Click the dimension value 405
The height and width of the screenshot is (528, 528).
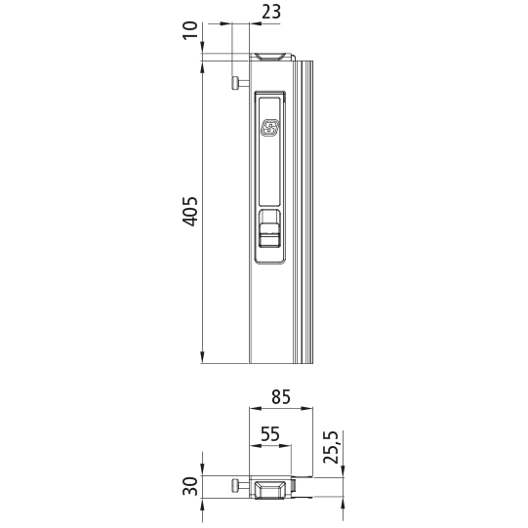191,211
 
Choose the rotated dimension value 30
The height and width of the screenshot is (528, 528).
191,485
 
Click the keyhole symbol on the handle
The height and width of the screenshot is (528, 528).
270,128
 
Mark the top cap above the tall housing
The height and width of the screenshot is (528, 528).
270,57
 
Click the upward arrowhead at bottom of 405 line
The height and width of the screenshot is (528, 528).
202,356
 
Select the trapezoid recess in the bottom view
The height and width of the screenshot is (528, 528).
270,487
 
